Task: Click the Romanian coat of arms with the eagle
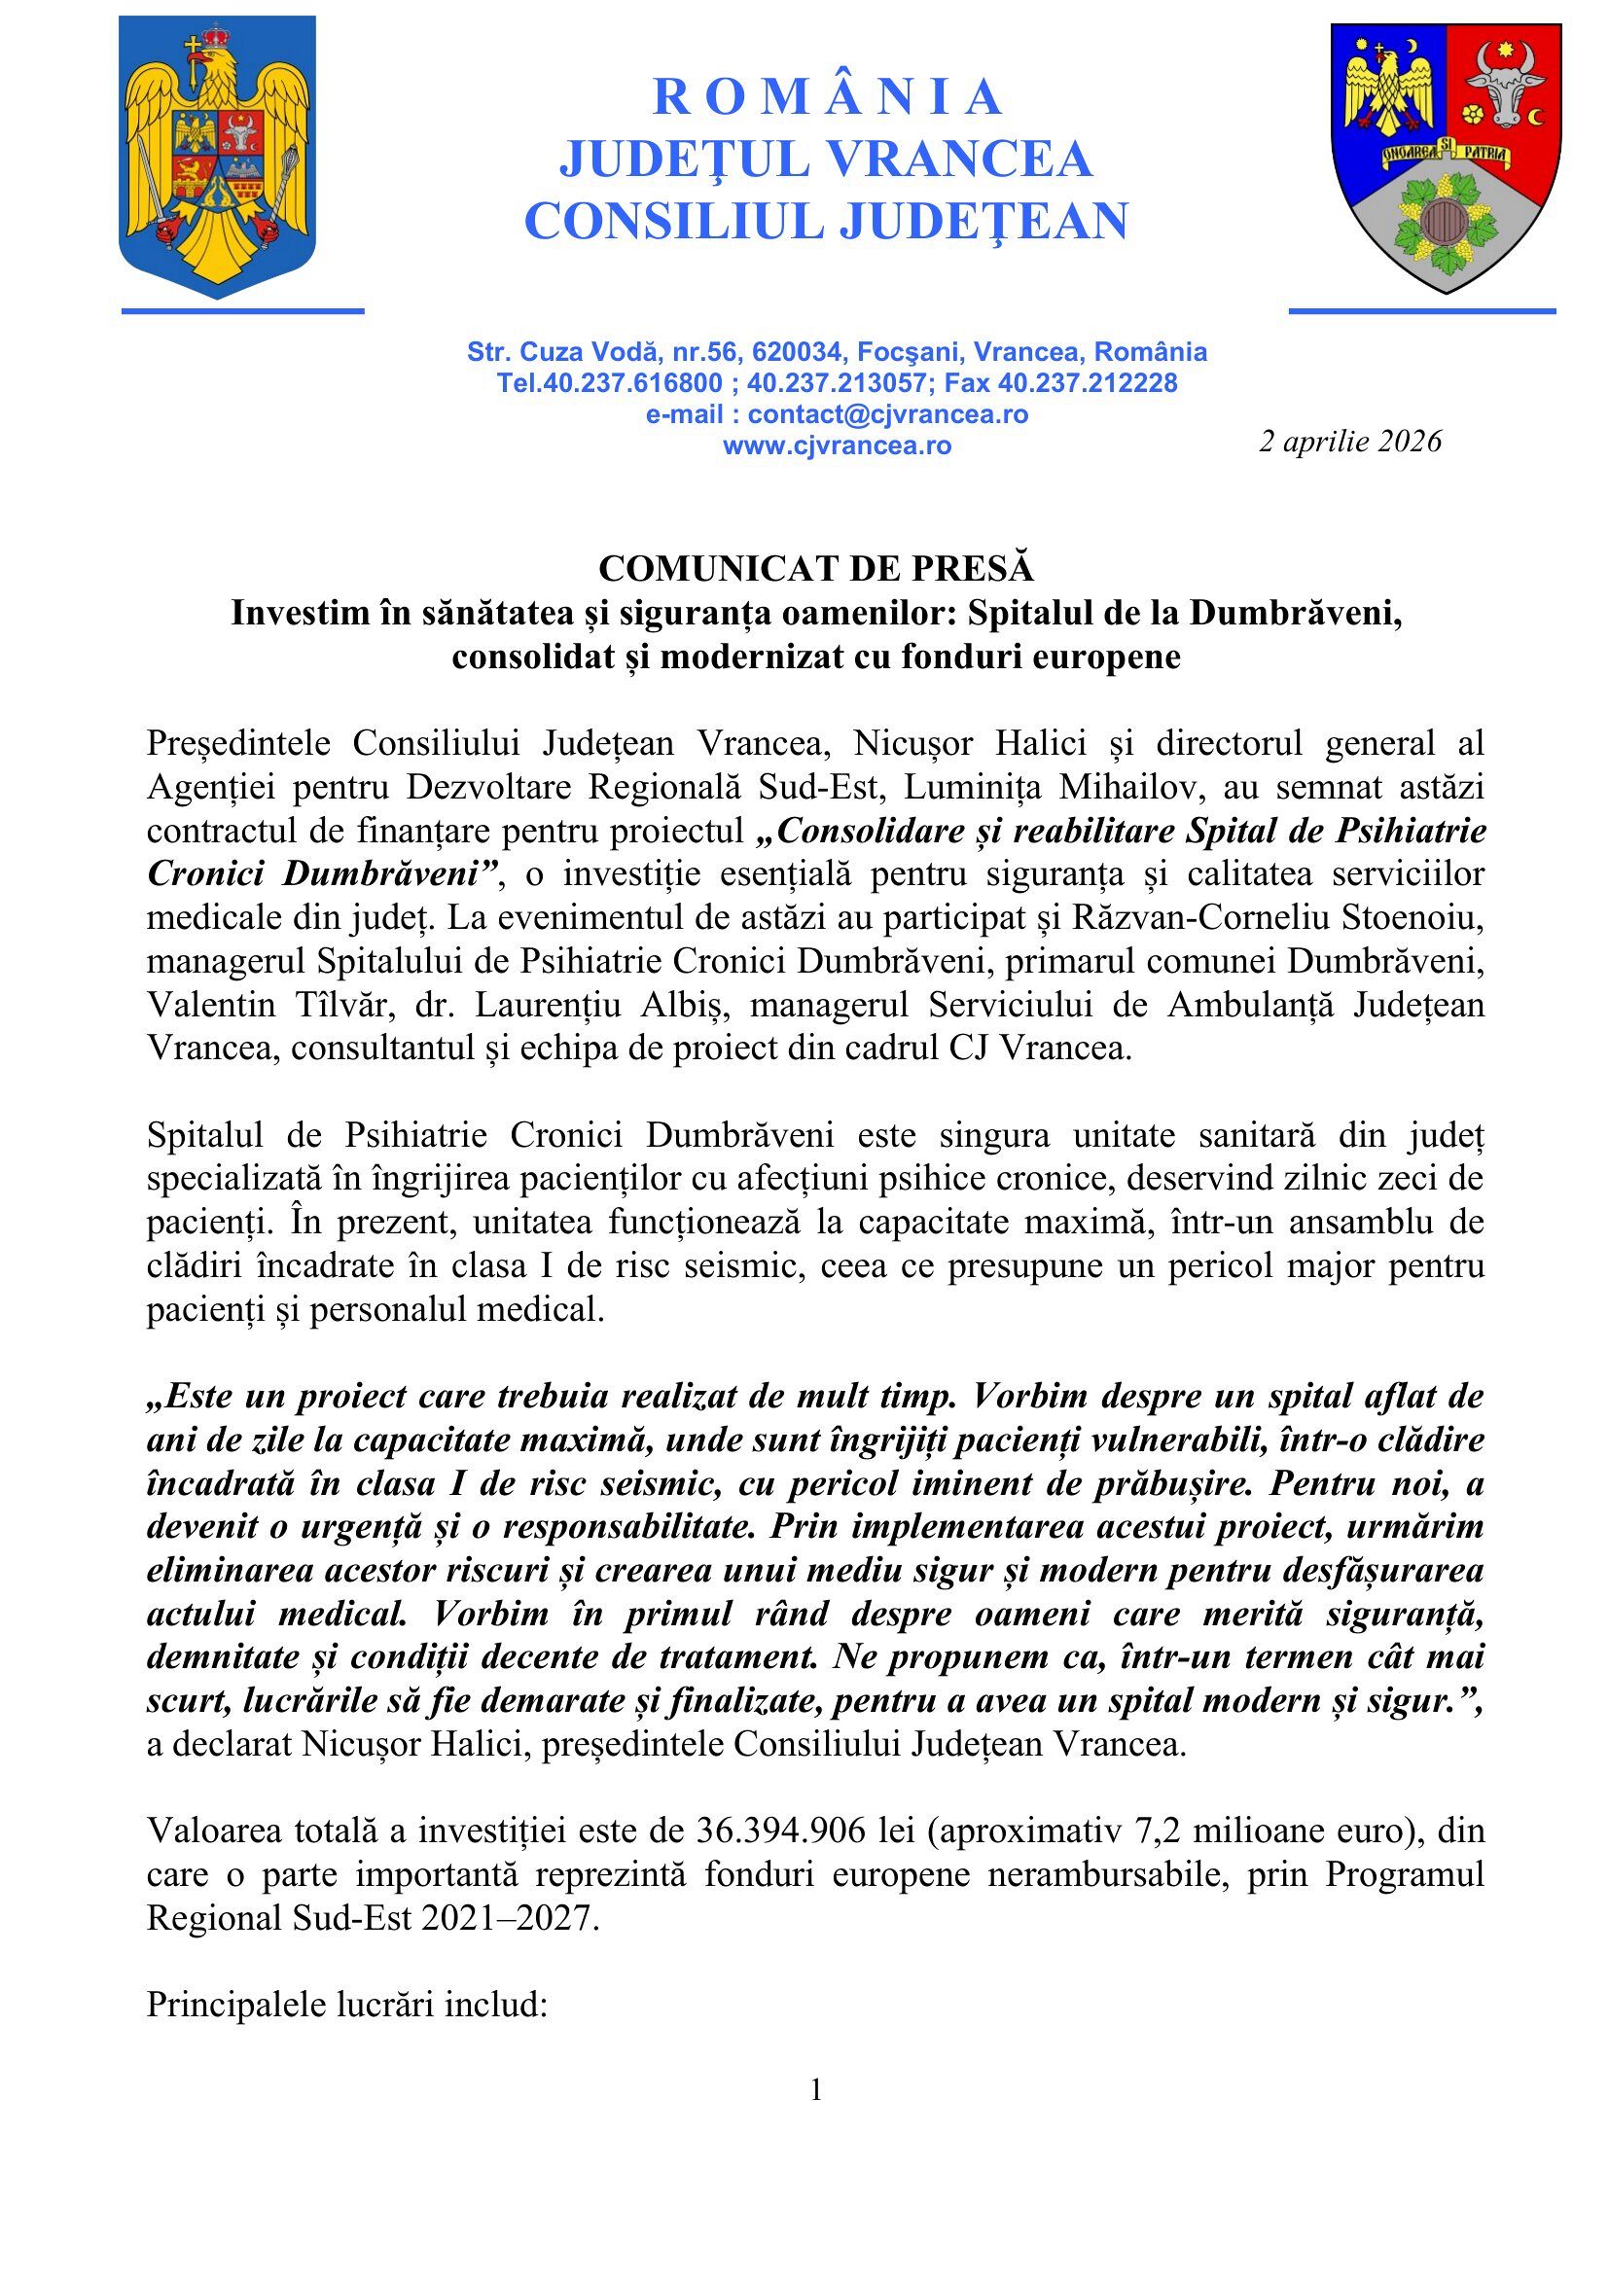click(217, 157)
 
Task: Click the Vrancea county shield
click(1446, 157)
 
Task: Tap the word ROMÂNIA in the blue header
click(827, 97)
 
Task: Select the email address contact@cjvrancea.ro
click(887, 414)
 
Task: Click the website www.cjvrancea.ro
click(838, 445)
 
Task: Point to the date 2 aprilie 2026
click(1349, 441)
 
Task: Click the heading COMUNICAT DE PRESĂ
click(815, 569)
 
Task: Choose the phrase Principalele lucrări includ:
click(346, 2005)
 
